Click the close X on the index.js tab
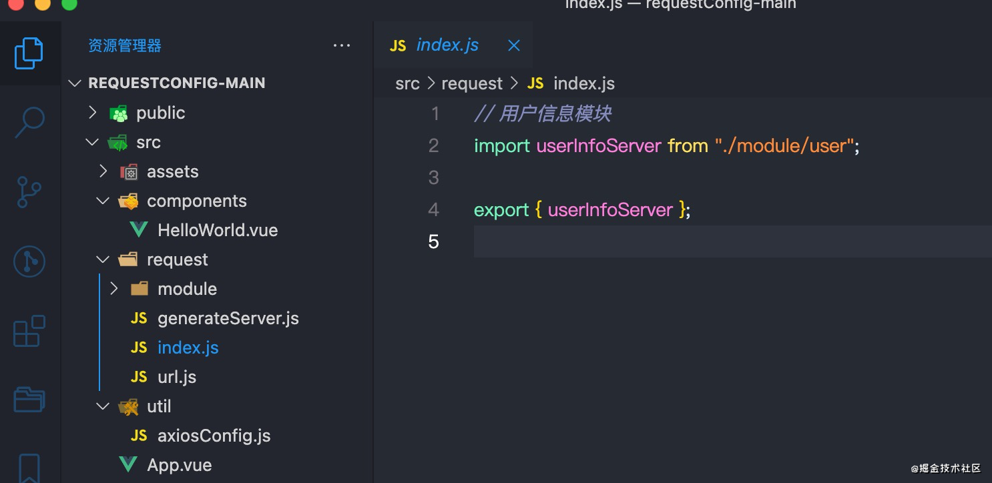click(514, 45)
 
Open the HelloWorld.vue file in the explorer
click(218, 230)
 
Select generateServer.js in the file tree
click(228, 318)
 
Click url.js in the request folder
click(177, 377)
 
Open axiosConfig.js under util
click(214, 436)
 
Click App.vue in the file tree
click(180, 465)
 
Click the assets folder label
click(173, 171)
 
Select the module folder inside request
click(188, 289)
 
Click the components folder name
click(197, 201)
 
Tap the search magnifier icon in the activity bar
click(29, 122)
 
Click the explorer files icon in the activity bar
click(29, 53)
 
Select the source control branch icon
click(29, 192)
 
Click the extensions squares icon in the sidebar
click(29, 331)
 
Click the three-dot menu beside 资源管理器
click(341, 45)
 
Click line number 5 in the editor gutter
click(433, 241)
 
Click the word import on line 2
click(502, 145)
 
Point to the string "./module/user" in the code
click(784, 145)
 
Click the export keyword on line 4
click(501, 210)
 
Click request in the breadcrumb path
click(472, 83)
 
